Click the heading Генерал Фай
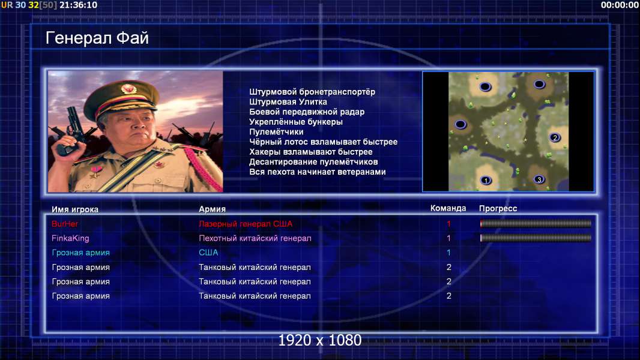(97, 38)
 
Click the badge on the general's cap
(128, 88)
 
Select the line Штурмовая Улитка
(288, 102)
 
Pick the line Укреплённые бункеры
(296, 122)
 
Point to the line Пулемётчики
(276, 131)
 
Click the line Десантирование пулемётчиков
(313, 162)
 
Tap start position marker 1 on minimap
(486, 180)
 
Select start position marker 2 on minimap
(555, 138)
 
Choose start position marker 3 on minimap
(539, 179)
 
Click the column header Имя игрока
(75, 209)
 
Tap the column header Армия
(213, 209)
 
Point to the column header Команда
(448, 208)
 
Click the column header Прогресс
(498, 209)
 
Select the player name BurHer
(65, 224)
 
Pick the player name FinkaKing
(70, 238)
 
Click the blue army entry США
(208, 253)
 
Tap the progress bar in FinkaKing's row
(536, 238)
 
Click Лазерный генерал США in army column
(246, 224)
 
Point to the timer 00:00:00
(620, 5)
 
